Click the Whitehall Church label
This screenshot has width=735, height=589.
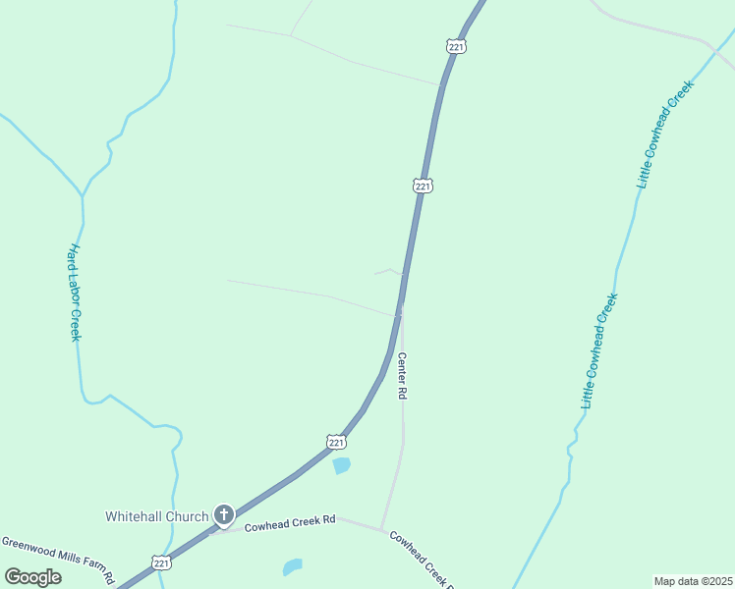[x=157, y=516]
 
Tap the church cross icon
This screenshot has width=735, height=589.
[x=224, y=514]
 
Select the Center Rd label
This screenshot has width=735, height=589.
[x=402, y=376]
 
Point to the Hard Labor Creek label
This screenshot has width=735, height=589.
[x=74, y=293]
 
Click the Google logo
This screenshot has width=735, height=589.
[x=32, y=577]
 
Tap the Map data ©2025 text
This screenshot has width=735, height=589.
[x=694, y=580]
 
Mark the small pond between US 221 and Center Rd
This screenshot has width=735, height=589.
[x=341, y=465]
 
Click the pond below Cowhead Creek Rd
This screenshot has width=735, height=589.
[x=293, y=567]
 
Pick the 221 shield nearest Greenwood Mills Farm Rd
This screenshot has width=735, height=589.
[x=162, y=562]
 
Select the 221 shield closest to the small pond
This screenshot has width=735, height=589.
[x=335, y=443]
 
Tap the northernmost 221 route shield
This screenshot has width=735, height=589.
[x=455, y=46]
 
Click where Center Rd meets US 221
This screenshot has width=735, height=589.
[x=401, y=312]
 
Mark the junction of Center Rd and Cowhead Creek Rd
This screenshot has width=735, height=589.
[x=382, y=530]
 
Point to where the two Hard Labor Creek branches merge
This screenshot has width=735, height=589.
[x=83, y=194]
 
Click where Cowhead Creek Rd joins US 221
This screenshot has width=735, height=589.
[x=218, y=528]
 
